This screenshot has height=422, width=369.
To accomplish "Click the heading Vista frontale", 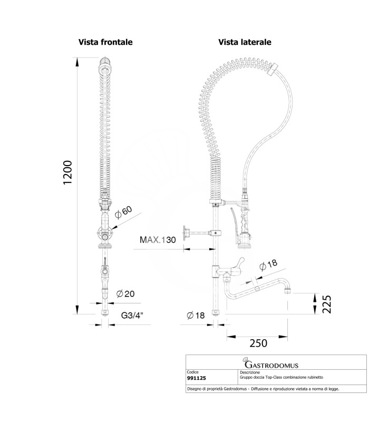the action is point(105,42).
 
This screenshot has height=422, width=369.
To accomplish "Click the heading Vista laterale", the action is point(245,42).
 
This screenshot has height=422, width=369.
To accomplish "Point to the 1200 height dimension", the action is point(67,172).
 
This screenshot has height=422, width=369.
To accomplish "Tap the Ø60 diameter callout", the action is point(123,212).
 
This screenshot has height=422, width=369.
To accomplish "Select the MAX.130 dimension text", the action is point(158,239).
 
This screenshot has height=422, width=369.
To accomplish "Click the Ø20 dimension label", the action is point(125,294).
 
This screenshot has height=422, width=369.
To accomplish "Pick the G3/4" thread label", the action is point(132,315).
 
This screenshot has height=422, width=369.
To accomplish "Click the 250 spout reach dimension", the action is point(258,343).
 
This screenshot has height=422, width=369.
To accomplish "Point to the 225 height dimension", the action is point(327,304).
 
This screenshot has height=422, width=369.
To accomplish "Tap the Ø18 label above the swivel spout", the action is point(268,265).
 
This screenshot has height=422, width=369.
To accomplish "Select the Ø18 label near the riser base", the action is point(196,315).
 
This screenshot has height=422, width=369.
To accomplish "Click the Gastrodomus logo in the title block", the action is point(270,363).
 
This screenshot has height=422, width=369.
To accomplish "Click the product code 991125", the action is point(196,378).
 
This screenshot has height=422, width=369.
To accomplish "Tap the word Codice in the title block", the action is point(192,372).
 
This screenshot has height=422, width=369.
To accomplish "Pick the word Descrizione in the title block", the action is point(250,372).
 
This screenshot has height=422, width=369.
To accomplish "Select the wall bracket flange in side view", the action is point(185,233).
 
